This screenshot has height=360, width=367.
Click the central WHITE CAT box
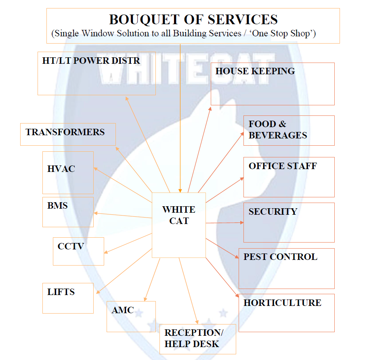178,224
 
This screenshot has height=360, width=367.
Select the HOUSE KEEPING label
255,71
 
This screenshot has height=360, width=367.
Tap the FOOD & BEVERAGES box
289,130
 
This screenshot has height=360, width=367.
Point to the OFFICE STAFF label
283,166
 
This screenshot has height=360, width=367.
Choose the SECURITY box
289,222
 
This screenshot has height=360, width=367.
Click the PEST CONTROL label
280,257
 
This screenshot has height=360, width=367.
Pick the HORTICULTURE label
282,303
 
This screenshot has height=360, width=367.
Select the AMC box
131,316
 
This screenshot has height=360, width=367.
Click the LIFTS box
68,298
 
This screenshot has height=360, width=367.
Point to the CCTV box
78,251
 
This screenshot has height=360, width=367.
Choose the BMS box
68,212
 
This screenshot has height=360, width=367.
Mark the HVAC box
68,173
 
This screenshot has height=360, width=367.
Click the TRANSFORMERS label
65,132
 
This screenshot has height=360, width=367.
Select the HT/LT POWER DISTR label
91,61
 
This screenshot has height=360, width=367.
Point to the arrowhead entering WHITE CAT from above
180,190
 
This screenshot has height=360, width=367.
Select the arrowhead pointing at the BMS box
96,213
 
